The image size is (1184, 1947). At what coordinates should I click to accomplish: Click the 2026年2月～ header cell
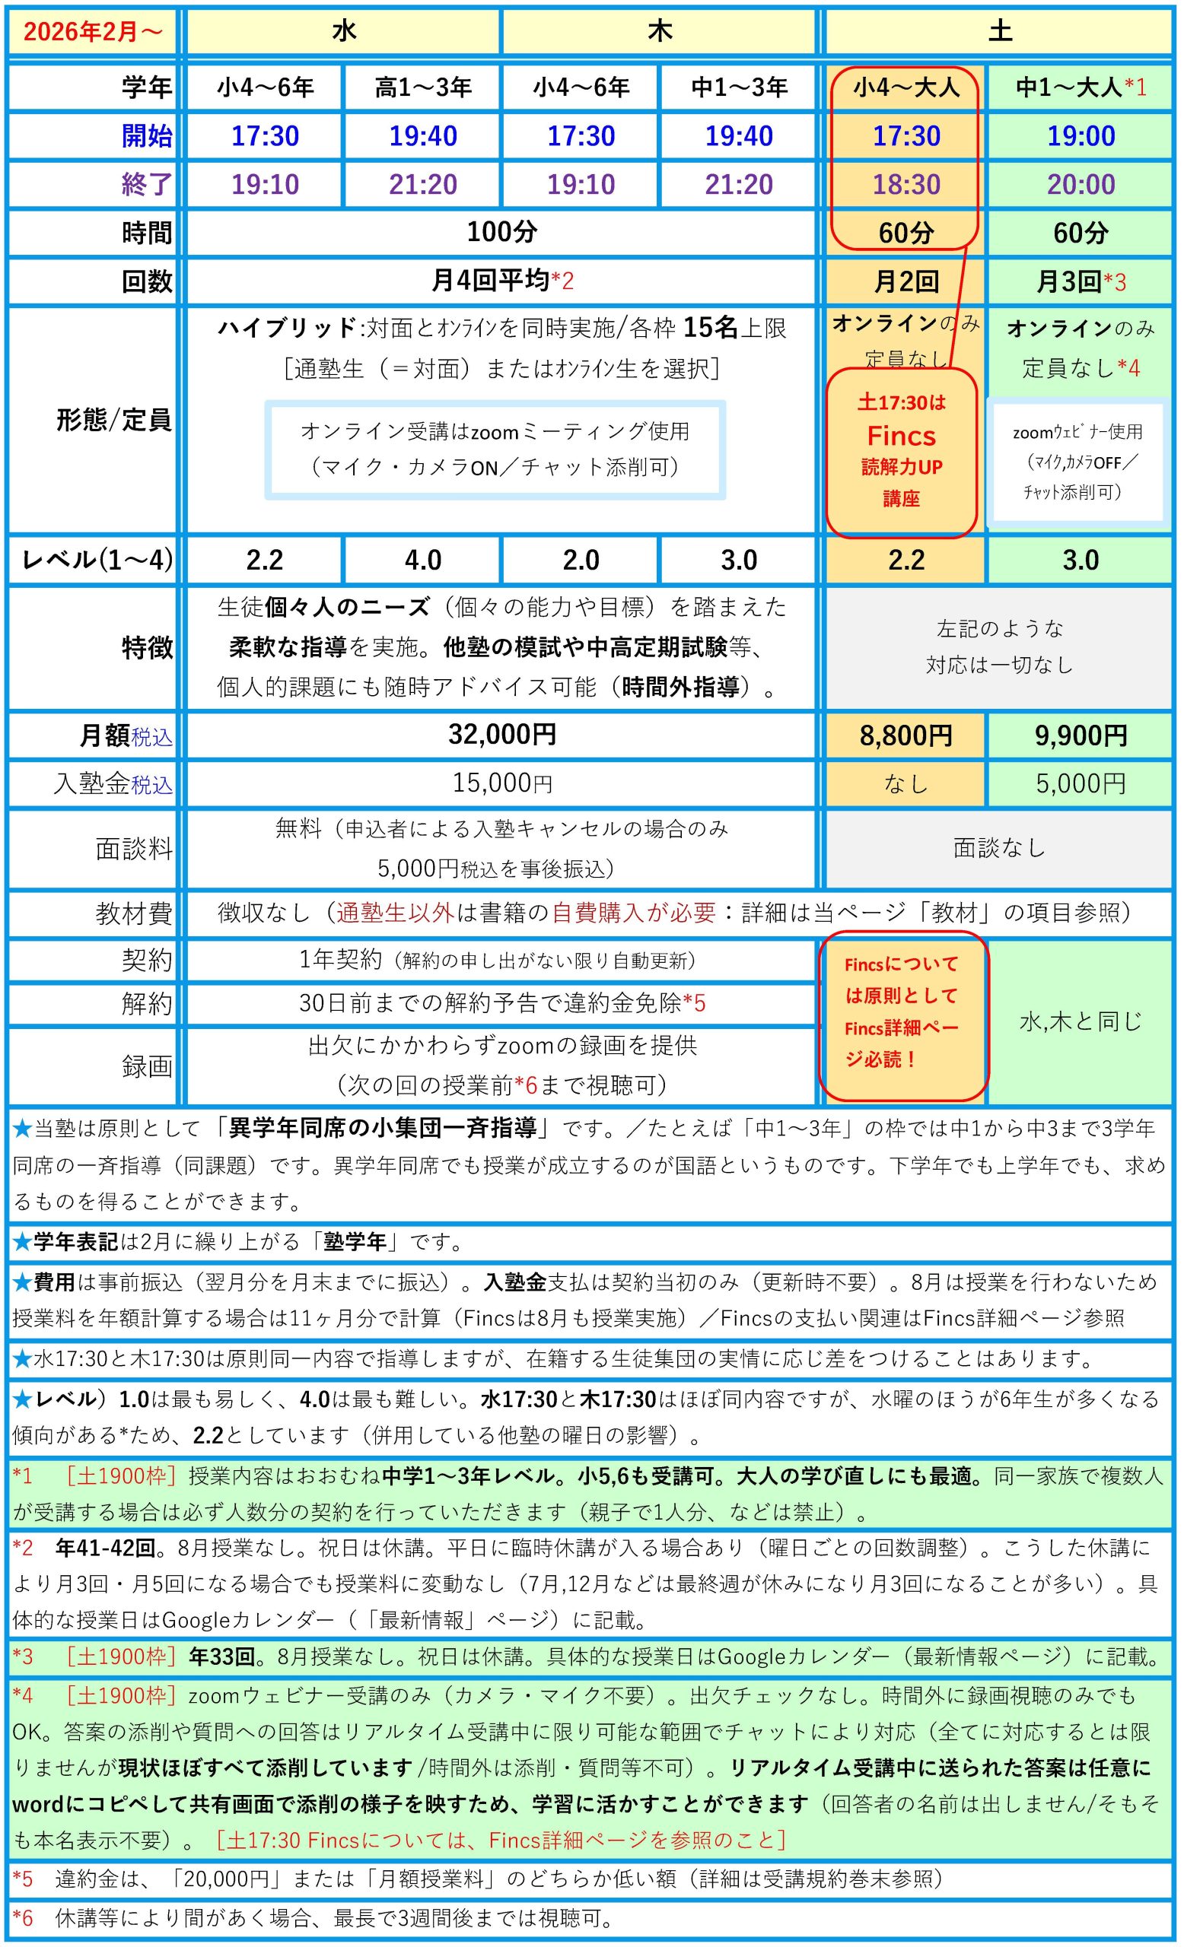(x=94, y=32)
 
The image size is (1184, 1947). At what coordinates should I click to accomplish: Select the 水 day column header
(x=344, y=32)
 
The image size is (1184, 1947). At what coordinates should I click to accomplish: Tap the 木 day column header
(x=659, y=32)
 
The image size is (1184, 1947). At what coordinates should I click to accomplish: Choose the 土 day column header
(x=999, y=32)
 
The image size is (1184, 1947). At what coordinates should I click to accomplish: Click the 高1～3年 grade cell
(x=423, y=87)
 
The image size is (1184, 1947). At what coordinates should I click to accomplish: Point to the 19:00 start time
(x=1081, y=136)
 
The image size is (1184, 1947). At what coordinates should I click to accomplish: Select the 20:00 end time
(x=1081, y=185)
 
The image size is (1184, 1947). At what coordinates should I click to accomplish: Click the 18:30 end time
(x=906, y=185)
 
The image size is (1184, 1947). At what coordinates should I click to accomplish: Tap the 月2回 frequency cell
(x=906, y=281)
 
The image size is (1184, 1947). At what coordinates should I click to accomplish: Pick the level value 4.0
(x=423, y=561)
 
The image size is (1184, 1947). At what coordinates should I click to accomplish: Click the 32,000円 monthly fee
(x=502, y=735)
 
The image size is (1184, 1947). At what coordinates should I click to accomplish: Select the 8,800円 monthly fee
(x=906, y=736)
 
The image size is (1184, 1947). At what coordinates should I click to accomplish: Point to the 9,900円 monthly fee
(x=1081, y=736)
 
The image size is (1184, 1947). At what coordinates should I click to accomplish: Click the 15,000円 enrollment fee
(x=502, y=784)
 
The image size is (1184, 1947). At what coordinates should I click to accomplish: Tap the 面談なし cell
(x=999, y=849)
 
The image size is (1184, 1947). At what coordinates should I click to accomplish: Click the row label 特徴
(x=147, y=648)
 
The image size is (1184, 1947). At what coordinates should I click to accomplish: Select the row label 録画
(x=147, y=1067)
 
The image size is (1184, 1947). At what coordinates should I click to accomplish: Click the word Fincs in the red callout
(x=901, y=437)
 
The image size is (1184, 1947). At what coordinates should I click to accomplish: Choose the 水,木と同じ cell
(x=1081, y=1021)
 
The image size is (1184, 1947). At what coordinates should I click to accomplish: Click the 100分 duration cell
(x=502, y=232)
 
